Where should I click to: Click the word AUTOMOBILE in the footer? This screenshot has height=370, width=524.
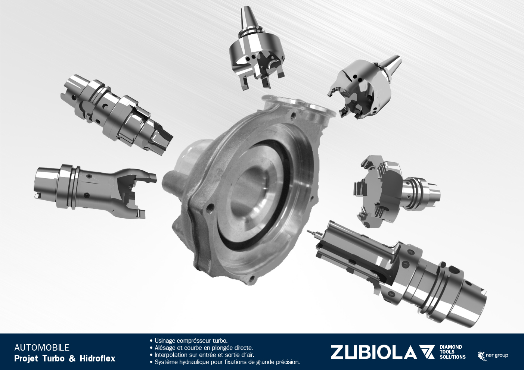(42, 348)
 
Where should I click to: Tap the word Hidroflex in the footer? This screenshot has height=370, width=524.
(97, 358)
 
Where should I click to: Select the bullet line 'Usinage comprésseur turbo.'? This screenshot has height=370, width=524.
(189, 341)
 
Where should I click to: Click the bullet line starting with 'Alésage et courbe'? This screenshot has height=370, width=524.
(201, 348)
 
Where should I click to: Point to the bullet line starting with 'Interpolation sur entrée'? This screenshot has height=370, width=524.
(202, 355)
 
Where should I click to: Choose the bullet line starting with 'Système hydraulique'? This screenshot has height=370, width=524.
(224, 362)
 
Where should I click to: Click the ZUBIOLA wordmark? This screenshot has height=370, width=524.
(373, 352)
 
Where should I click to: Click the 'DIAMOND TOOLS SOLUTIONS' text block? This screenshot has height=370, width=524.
(452, 352)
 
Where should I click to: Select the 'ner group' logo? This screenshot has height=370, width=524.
(493, 356)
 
